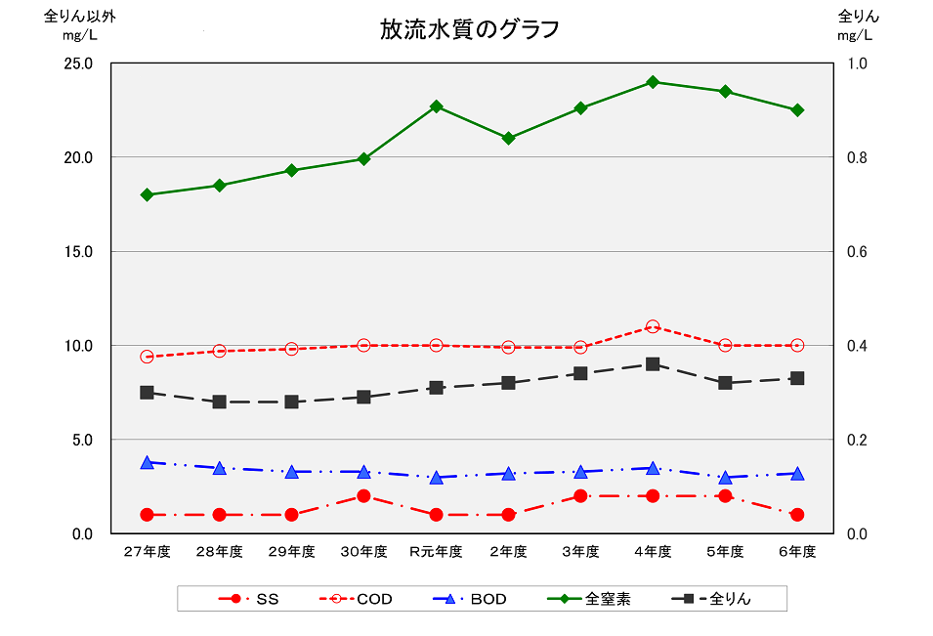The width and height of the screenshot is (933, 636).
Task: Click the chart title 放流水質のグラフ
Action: [x=470, y=29]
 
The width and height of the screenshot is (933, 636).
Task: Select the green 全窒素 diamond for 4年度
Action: [x=653, y=82]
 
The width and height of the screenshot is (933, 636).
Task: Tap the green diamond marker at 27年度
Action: [x=148, y=194]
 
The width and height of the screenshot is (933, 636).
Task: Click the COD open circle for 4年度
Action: [x=653, y=327]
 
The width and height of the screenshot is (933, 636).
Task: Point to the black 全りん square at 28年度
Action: [x=220, y=402]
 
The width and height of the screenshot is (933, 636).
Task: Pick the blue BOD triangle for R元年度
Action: [x=437, y=477]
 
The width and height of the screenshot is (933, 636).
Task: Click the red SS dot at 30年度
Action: [x=364, y=496]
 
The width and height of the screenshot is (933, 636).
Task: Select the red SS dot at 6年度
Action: [x=797, y=515]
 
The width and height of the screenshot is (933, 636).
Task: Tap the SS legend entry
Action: [x=249, y=599]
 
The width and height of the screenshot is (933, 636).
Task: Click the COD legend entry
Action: [x=358, y=599]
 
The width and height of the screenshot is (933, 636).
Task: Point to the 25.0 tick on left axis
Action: [x=78, y=64]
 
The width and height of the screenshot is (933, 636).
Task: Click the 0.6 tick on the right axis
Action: [x=856, y=252]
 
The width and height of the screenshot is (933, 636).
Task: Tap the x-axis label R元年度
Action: [x=436, y=552]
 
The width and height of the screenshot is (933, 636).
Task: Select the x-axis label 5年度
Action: [x=725, y=552]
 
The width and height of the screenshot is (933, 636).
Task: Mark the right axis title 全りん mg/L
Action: [x=858, y=25]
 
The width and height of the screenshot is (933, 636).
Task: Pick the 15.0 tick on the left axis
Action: [x=78, y=252]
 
